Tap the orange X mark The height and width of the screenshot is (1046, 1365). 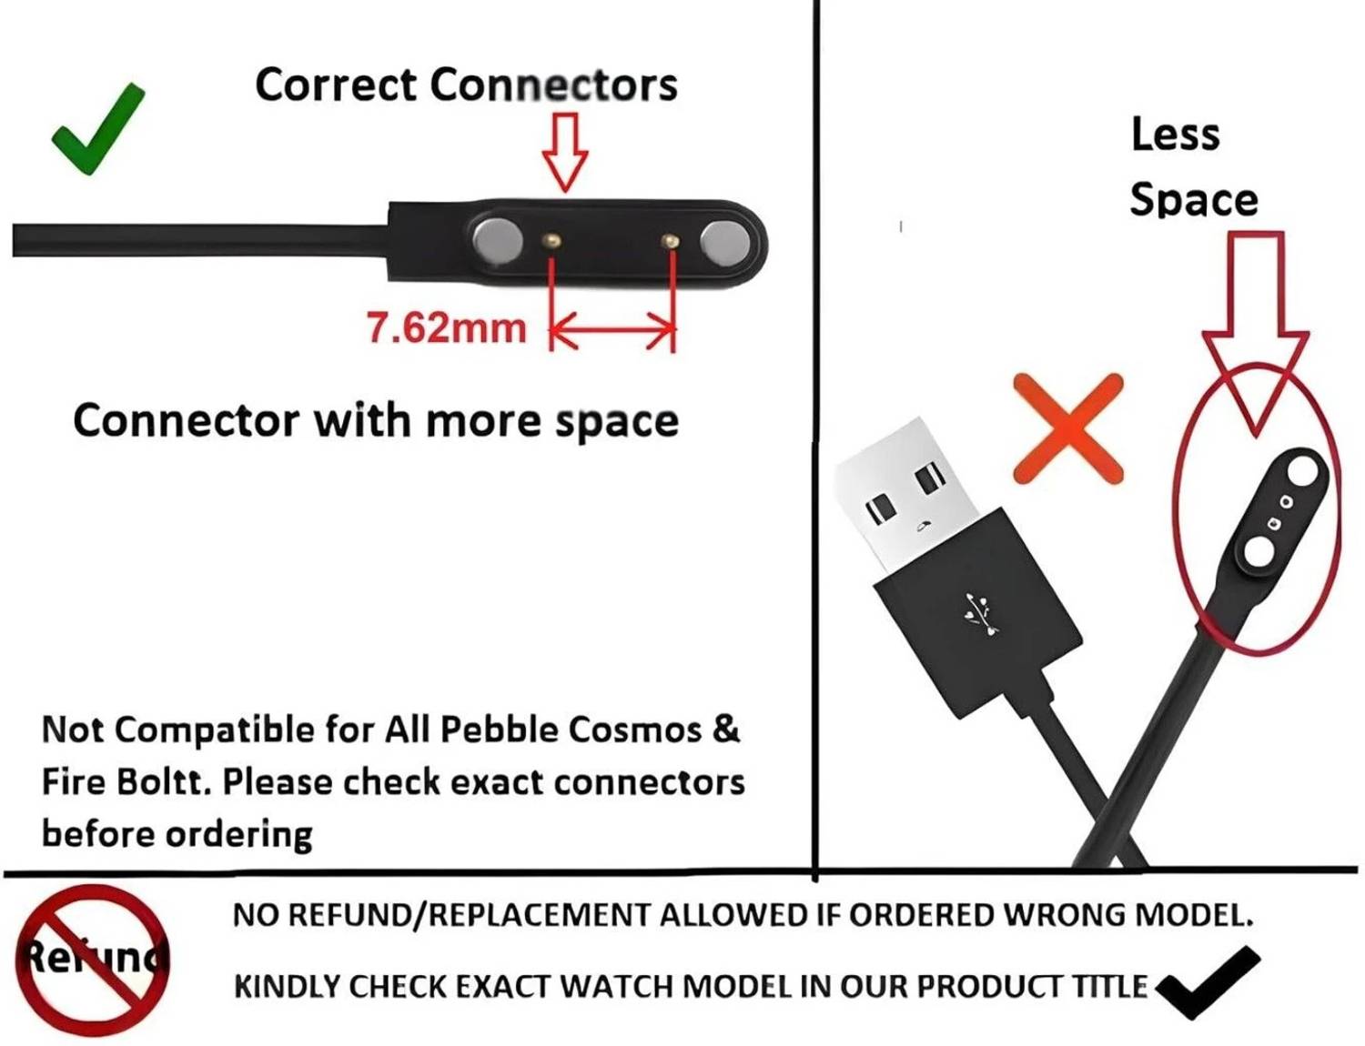click(1067, 428)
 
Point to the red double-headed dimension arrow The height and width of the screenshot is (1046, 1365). click(612, 328)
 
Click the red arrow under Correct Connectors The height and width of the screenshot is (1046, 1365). click(565, 153)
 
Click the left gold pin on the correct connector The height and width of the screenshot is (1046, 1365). click(552, 240)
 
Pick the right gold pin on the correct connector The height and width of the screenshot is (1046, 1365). click(671, 240)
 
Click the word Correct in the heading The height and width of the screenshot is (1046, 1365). click(336, 85)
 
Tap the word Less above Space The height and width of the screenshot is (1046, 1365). click(1176, 134)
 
